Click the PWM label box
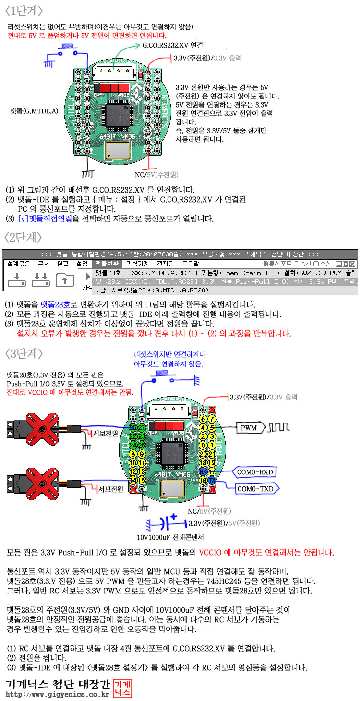click(248, 426)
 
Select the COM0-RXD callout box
click(255, 472)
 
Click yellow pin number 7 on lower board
click(211, 419)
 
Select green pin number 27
click(142, 427)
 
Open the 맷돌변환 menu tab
click(106, 264)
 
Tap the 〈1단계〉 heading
click(24, 11)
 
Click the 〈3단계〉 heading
click(24, 353)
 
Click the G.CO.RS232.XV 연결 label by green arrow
click(173, 46)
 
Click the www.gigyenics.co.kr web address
click(57, 694)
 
